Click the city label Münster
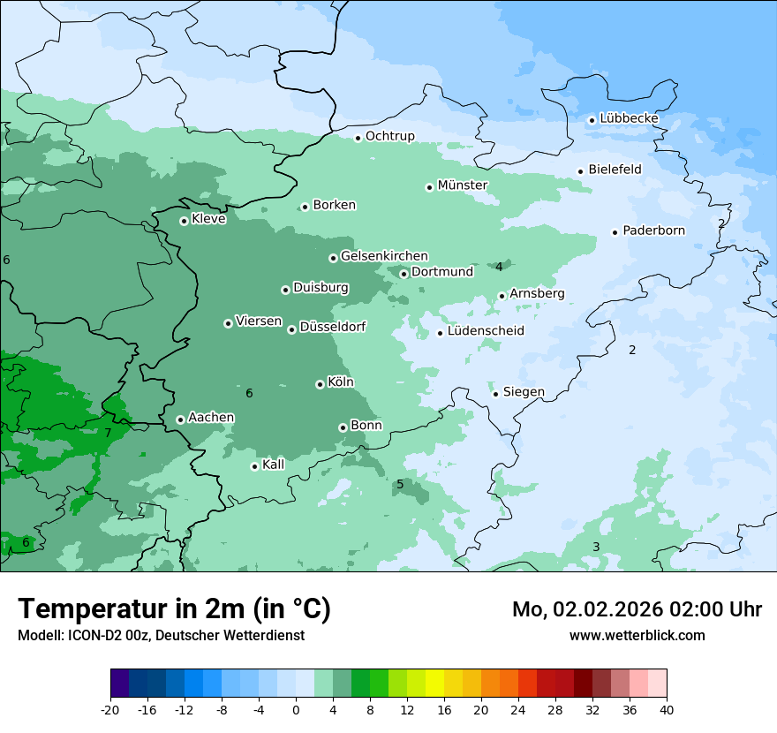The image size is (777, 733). click(x=462, y=185)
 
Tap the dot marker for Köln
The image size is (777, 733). click(x=320, y=384)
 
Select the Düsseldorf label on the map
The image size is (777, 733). click(x=332, y=328)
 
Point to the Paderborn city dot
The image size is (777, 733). click(x=615, y=232)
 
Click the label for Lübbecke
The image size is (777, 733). click(x=629, y=118)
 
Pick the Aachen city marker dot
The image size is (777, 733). click(x=180, y=419)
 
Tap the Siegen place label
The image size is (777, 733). click(x=524, y=392)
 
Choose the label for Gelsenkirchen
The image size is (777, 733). click(x=384, y=256)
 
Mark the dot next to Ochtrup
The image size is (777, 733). click(x=358, y=138)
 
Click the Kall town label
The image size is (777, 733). click(x=274, y=465)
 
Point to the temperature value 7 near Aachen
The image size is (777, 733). click(x=108, y=434)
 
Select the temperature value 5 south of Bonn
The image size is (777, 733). click(x=400, y=485)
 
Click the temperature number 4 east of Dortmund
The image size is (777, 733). click(x=499, y=267)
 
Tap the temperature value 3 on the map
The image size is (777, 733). click(x=596, y=548)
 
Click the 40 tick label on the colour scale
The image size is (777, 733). click(x=667, y=710)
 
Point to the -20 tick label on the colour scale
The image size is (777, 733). click(x=110, y=710)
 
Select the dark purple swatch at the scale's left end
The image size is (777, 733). click(x=119, y=683)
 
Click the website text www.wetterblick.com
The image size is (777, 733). click(x=637, y=635)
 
